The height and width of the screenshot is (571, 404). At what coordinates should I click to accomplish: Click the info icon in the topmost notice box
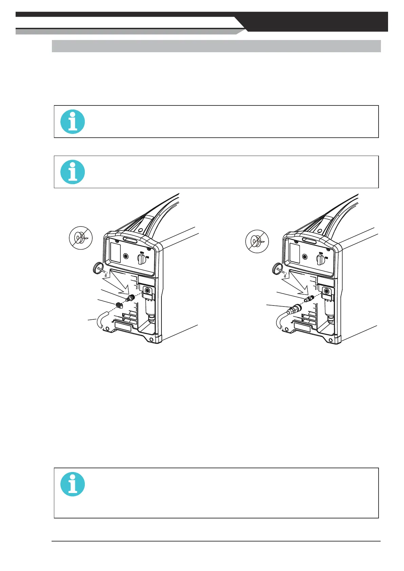pyautogui.click(x=73, y=121)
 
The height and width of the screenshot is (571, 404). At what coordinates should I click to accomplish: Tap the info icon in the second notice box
pyautogui.click(x=73, y=172)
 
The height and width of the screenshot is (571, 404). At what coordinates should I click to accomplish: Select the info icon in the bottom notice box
pyautogui.click(x=73, y=484)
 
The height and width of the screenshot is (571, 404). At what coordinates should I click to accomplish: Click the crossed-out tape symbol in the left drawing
pyautogui.click(x=81, y=238)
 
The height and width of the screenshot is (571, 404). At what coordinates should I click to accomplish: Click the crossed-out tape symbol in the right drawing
pyautogui.click(x=257, y=242)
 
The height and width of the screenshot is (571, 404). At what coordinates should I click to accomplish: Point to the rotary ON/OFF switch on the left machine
pyautogui.click(x=141, y=260)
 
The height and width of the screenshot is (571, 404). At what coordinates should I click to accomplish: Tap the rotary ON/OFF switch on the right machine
pyautogui.click(x=320, y=260)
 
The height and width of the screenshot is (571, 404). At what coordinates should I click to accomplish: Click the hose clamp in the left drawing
pyautogui.click(x=119, y=305)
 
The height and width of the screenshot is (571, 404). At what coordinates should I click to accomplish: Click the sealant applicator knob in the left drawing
pyautogui.click(x=98, y=268)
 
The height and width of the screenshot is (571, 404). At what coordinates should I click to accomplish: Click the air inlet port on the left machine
pyautogui.click(x=148, y=291)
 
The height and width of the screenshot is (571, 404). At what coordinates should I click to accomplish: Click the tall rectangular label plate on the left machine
pyautogui.click(x=116, y=253)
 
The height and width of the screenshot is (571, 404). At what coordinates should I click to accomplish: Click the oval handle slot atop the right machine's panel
pyautogui.click(x=309, y=240)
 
